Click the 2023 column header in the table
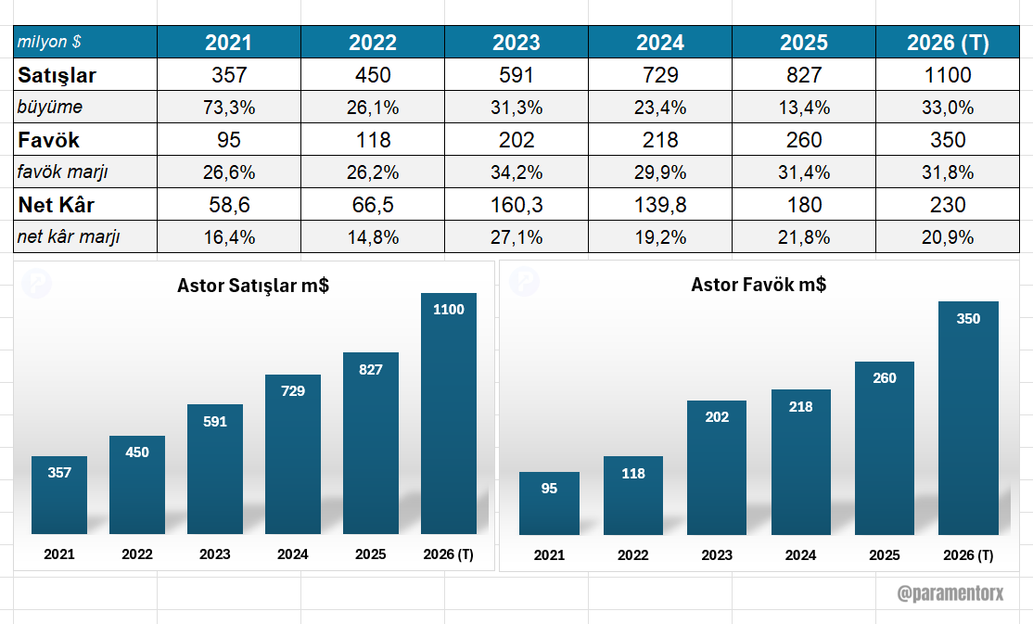point(516,43)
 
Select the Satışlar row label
point(57,75)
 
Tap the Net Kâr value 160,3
point(516,205)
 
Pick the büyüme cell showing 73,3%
point(229,108)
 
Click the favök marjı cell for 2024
point(660,172)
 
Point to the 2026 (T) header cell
point(948,43)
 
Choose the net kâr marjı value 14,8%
point(373,237)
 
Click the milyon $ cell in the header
point(49,43)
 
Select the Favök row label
point(48,140)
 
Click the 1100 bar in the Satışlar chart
point(449,417)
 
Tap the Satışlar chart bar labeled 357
point(59,496)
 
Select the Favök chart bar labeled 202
point(717,468)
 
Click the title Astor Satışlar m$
point(253,286)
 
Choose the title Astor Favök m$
point(759,285)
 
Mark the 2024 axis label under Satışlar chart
point(293,554)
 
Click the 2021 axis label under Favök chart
point(549,555)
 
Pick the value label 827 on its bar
point(371,369)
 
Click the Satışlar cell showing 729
point(660,75)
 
